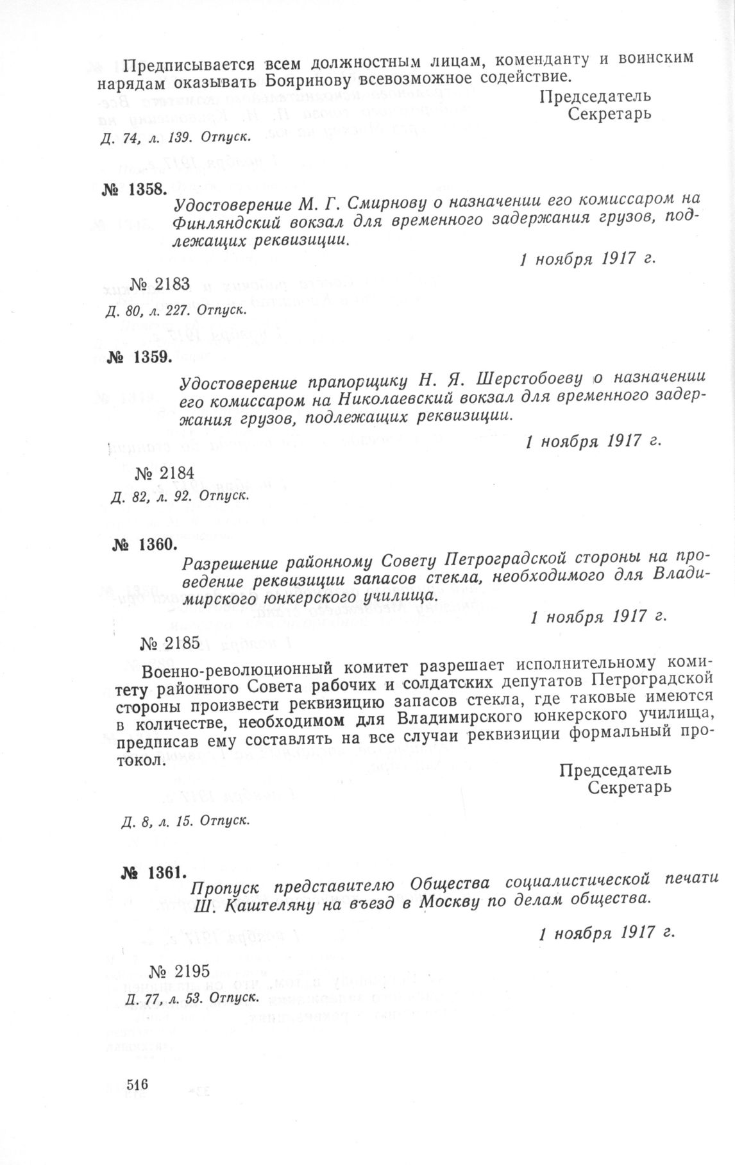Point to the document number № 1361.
(x=154, y=874)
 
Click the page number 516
(x=138, y=1085)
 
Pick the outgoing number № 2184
(x=165, y=473)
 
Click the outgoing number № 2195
(x=179, y=973)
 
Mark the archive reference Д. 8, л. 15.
(x=151, y=821)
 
